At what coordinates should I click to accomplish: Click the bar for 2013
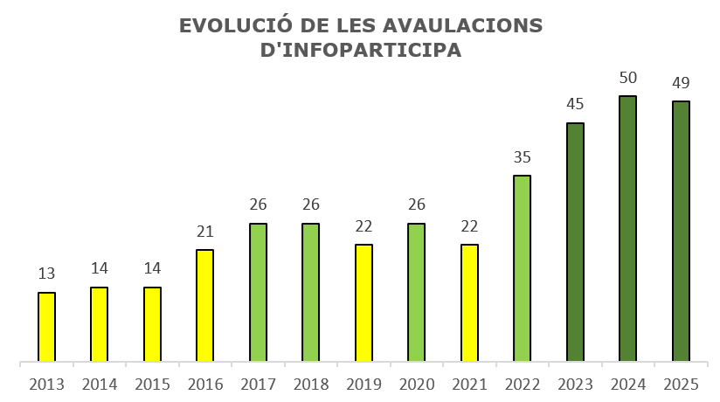[46, 327]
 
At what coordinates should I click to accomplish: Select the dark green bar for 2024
[627, 229]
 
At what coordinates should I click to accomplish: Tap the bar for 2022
[522, 268]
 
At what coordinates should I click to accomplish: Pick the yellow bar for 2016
[204, 306]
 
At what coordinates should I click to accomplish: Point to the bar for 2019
[363, 302]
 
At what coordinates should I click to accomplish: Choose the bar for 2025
[681, 232]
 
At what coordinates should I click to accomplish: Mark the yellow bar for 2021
[469, 302]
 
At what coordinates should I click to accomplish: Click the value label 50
[627, 78]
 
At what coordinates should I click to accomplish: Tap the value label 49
[681, 83]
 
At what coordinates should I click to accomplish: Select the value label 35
[522, 157]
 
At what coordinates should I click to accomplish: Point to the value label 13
[46, 274]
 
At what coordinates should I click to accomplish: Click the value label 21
[204, 232]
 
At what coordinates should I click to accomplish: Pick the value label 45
[575, 105]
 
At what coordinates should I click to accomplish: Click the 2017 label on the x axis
[258, 385]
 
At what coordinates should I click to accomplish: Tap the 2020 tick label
[416, 385]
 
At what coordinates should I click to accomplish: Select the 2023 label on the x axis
[575, 385]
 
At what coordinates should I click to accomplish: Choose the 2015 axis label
[152, 385]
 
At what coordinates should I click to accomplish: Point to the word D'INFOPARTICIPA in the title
[361, 51]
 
